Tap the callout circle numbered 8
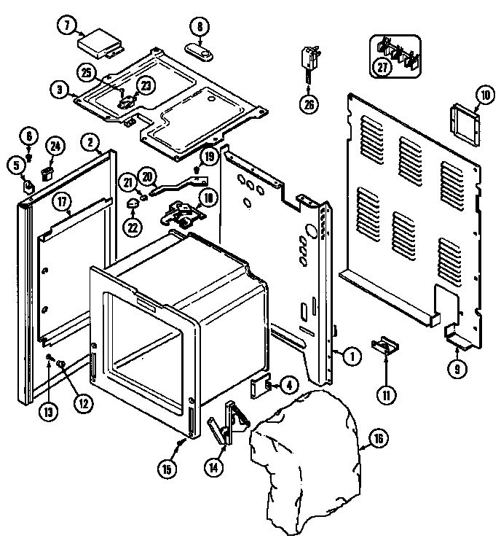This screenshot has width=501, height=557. coord(200,26)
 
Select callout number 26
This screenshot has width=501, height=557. coord(309,104)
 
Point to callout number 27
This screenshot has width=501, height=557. coord(382,66)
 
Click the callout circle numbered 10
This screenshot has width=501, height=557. coord(485,95)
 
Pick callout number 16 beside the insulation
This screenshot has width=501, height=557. coord(378,439)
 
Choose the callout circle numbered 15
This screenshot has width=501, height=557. coord(167,469)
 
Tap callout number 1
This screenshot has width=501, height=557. coord(352,357)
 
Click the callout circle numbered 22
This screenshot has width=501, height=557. coord(133,227)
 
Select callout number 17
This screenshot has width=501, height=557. coord(62,202)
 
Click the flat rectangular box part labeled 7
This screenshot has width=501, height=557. coord(100,44)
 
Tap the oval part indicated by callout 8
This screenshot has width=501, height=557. coord(199,52)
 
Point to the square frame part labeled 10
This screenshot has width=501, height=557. coord(465,125)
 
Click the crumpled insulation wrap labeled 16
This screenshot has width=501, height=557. coord(305,461)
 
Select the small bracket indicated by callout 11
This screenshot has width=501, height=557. coord(385,346)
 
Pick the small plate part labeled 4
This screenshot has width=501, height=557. coord(261,386)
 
